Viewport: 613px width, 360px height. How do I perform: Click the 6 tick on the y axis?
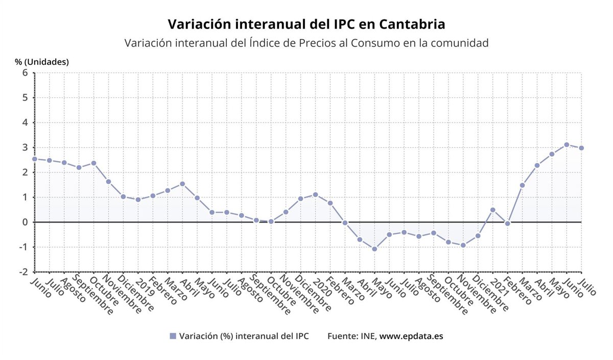tap(25, 73)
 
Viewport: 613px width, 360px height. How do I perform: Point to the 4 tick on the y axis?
tap(25, 123)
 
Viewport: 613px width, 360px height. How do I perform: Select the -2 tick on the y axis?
tap(23, 272)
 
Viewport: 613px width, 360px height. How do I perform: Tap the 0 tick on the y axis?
tap(25, 222)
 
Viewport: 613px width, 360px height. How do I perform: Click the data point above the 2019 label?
tap(138, 200)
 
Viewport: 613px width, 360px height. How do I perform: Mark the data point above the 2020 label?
tap(315, 195)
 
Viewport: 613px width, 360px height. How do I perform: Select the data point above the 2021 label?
tap(492, 210)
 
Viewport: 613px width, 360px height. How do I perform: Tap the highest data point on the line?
tap(567, 145)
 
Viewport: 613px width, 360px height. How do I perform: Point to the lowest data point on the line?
tap(374, 249)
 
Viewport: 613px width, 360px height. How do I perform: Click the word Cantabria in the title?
tap(407, 24)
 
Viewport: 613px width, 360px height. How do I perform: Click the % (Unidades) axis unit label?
tap(41, 62)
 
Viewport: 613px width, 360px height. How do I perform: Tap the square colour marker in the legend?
tap(173, 336)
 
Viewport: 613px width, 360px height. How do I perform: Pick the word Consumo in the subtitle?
tap(375, 43)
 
